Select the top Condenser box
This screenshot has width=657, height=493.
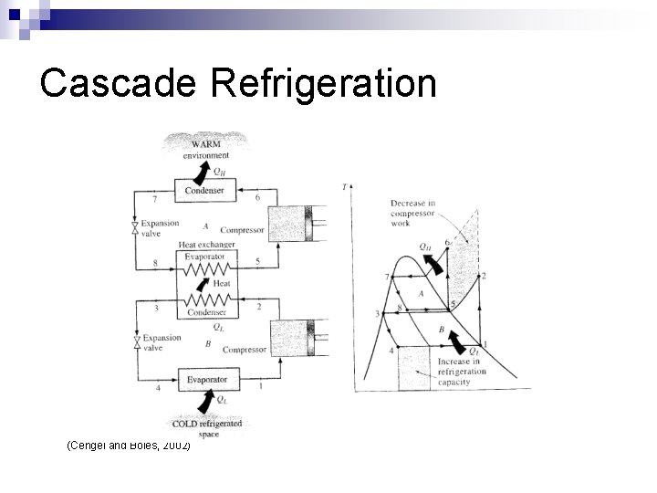point(204,190)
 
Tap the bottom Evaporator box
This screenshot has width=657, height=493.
point(206,379)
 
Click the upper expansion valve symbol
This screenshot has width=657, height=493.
point(135,226)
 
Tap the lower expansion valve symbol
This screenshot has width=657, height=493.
point(135,342)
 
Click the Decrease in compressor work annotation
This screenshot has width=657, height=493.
point(414,213)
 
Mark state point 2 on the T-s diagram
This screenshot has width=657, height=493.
point(483,275)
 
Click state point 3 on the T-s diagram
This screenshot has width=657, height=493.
point(376,314)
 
